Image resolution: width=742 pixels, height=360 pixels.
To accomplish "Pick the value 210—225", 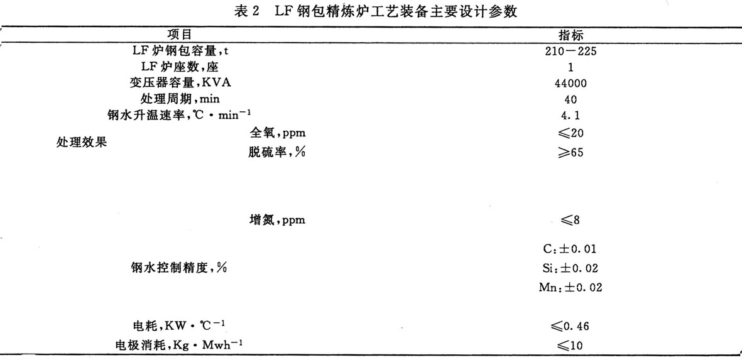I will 571,51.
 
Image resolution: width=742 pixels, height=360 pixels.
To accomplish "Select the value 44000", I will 571,83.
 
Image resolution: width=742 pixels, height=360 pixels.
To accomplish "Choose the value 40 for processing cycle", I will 571,99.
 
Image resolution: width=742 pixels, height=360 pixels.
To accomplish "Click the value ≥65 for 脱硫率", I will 570,151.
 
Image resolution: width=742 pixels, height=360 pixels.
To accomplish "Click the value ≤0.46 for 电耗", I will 570,325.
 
